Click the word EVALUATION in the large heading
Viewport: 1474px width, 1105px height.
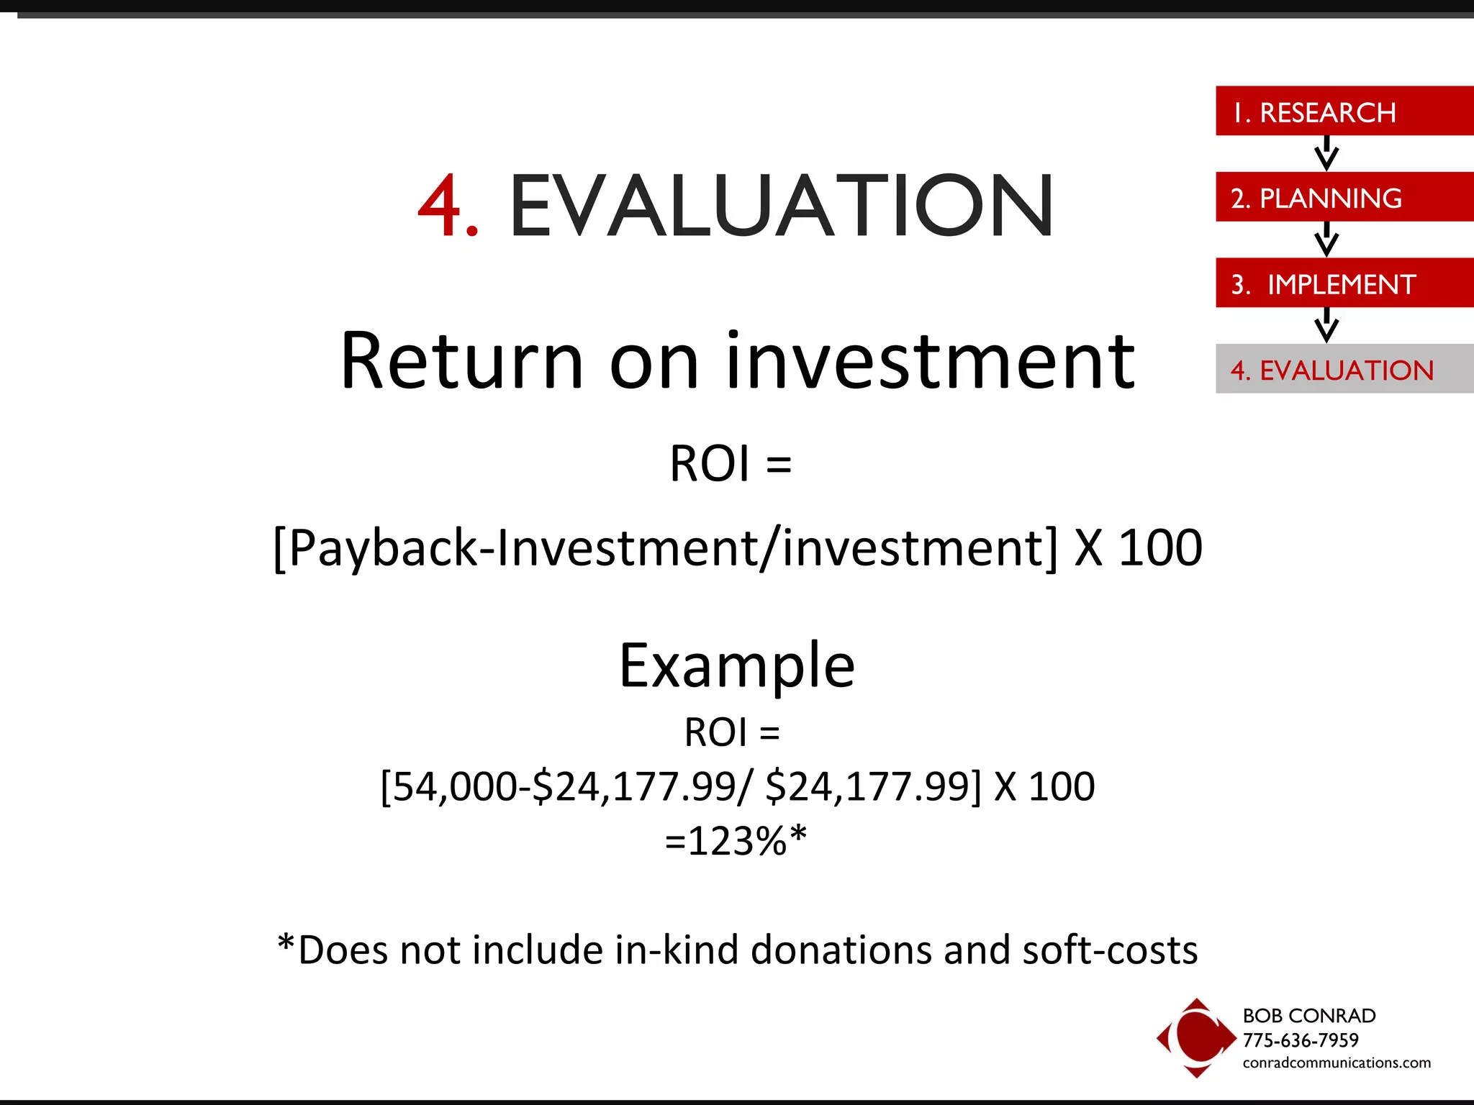click(x=782, y=207)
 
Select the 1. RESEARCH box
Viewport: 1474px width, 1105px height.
click(x=1343, y=112)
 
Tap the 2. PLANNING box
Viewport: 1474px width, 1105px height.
click(x=1343, y=197)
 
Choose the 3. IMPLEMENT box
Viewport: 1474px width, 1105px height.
click(x=1343, y=283)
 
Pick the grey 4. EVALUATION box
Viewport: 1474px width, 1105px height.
click(x=1343, y=369)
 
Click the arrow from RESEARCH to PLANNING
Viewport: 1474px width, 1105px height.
click(x=1326, y=153)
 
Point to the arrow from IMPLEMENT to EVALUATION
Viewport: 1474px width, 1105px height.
click(x=1326, y=325)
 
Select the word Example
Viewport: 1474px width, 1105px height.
click(x=737, y=666)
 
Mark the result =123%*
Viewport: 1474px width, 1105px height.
click(x=736, y=840)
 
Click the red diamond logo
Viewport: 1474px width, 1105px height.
click(x=1195, y=1037)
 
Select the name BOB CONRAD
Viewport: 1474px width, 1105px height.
click(x=1308, y=1015)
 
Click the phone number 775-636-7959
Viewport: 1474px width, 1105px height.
click(x=1300, y=1040)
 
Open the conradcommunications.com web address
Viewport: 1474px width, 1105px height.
click(x=1336, y=1063)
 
